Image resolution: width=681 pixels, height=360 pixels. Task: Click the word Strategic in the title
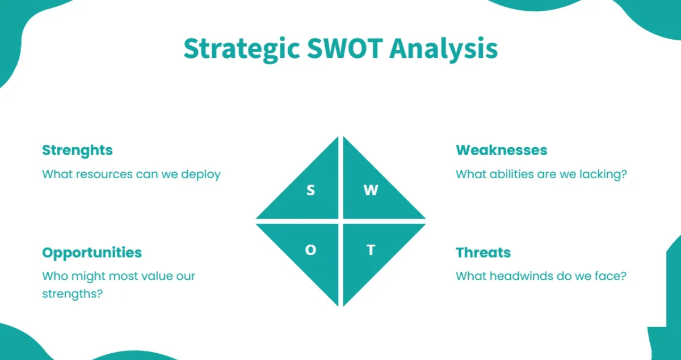241,49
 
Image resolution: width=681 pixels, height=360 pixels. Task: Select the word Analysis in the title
443,49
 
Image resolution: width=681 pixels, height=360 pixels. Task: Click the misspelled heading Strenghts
77,150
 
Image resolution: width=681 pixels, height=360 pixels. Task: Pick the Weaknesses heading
501,150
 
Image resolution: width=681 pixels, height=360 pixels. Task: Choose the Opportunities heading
92,253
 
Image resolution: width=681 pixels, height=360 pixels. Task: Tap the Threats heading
483,253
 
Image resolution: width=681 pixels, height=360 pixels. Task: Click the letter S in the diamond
310,191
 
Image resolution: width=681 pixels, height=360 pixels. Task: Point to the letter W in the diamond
371,191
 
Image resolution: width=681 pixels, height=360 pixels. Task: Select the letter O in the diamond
310,250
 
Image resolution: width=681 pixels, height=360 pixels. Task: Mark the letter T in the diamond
371,250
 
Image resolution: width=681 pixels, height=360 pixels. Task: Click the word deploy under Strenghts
201,174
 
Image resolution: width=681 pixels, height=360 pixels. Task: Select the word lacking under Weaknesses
604,174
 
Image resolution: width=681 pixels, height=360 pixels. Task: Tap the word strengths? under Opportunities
73,295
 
